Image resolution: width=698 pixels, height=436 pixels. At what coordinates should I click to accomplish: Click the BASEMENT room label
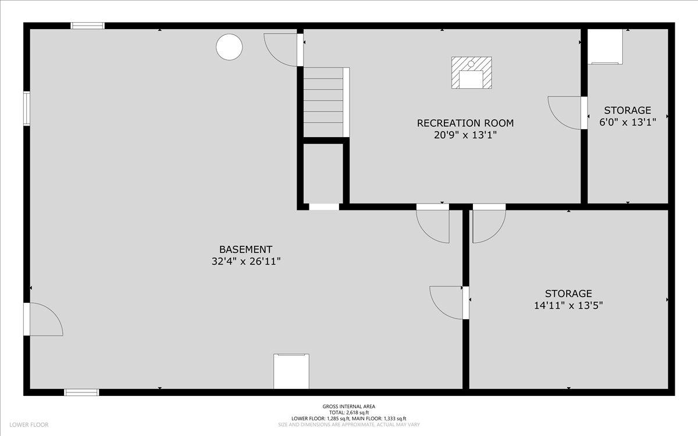pyautogui.click(x=245, y=249)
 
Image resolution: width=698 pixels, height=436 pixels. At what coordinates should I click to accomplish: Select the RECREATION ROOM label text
pyautogui.click(x=465, y=123)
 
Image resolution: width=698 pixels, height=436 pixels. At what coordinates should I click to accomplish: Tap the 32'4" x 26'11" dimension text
pyautogui.click(x=246, y=261)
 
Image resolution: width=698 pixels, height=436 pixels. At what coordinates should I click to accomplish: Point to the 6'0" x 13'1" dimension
pyautogui.click(x=628, y=122)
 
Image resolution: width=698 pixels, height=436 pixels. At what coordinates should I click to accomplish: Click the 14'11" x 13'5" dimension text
pyautogui.click(x=568, y=306)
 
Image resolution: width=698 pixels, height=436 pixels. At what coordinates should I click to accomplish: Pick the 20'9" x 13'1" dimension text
pyautogui.click(x=465, y=135)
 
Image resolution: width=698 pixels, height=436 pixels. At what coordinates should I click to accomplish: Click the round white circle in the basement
pyautogui.click(x=229, y=47)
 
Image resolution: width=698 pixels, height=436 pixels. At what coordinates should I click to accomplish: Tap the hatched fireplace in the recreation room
pyautogui.click(x=472, y=73)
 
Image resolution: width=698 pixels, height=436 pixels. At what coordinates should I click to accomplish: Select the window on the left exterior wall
pyautogui.click(x=27, y=108)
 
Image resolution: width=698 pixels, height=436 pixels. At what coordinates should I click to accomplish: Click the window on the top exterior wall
pyautogui.click(x=88, y=26)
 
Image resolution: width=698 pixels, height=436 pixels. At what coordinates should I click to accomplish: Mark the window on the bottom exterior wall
pyautogui.click(x=81, y=392)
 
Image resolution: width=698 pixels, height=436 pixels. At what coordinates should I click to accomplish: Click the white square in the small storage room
pyautogui.click(x=605, y=47)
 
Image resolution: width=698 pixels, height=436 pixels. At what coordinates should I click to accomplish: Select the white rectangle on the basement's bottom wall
pyautogui.click(x=291, y=371)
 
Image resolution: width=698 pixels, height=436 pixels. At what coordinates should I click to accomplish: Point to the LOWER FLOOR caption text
pyautogui.click(x=29, y=425)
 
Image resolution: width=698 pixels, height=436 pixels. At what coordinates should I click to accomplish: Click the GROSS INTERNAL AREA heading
pyautogui.click(x=348, y=406)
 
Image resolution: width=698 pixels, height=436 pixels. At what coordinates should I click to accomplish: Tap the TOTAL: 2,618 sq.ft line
pyautogui.click(x=348, y=413)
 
